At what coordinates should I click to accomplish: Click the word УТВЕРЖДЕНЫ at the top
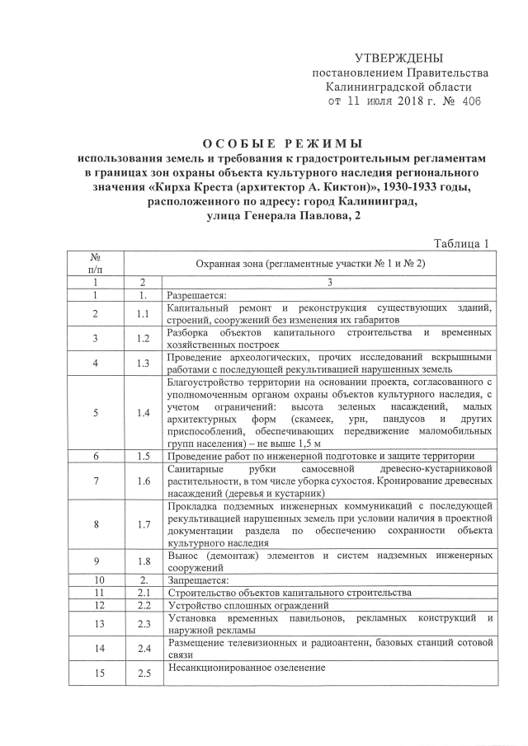pos(398,59)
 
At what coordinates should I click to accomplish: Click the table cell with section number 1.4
pos(144,412)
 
